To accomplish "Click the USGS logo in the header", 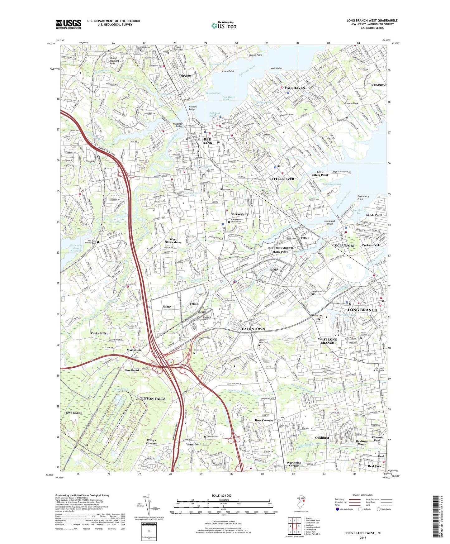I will [x=69, y=24].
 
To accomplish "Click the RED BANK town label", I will [x=207, y=141].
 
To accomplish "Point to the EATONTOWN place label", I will [x=253, y=329].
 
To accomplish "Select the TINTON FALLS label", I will [x=153, y=399].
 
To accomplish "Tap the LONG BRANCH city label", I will [x=362, y=310].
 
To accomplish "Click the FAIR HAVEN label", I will [x=295, y=88].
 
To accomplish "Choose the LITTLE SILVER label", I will [x=282, y=179].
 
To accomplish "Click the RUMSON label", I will [x=378, y=85].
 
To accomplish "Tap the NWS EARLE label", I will [x=74, y=413].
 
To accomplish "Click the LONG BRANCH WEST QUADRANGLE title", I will [x=372, y=21].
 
